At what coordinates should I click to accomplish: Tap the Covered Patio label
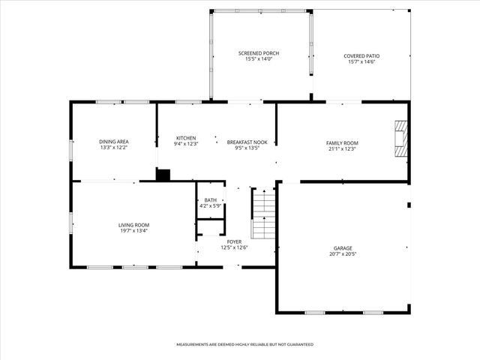361,55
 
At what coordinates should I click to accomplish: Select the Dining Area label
114,141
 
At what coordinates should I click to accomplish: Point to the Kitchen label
186,138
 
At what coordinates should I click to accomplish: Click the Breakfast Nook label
247,142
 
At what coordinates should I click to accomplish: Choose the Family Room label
341,142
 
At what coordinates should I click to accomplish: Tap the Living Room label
133,224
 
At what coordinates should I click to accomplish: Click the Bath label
210,199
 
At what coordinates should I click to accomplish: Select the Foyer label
235,241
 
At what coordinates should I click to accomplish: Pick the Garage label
343,247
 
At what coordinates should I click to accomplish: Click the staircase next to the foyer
263,213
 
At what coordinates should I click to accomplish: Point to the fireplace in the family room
403,139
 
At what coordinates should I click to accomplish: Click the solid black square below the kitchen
163,175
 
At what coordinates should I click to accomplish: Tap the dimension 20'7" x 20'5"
343,254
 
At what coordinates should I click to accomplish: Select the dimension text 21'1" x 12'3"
341,148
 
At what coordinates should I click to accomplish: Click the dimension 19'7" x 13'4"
133,231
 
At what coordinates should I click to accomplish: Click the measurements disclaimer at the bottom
244,344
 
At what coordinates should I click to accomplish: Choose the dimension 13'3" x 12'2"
114,148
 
